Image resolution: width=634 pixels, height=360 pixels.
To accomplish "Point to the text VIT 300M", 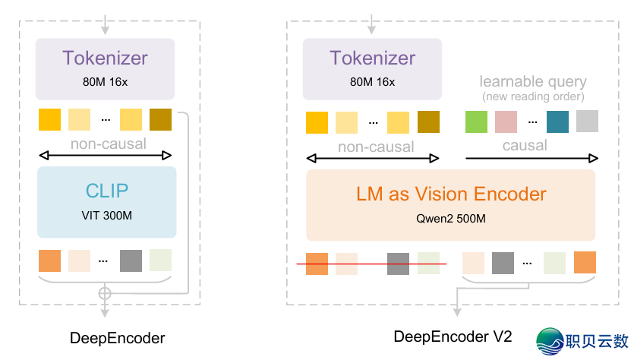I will click(106, 216).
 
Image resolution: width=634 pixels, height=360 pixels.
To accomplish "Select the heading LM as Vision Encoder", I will click(451, 194).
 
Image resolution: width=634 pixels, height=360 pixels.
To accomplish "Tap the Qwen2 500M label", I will click(450, 219).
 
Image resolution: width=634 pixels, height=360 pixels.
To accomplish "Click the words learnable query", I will click(533, 81).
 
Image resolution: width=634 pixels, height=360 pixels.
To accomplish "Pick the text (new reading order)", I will click(533, 96).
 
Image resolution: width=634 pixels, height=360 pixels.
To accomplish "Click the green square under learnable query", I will click(476, 122).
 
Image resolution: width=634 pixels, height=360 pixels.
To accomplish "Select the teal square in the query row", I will click(557, 122).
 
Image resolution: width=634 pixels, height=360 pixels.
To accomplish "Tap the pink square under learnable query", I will click(506, 122).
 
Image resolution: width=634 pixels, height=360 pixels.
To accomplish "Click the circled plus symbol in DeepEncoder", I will click(105, 292).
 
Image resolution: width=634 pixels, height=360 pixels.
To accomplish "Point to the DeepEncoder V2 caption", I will click(453, 336).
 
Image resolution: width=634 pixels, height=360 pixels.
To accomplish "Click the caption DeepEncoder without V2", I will click(117, 337).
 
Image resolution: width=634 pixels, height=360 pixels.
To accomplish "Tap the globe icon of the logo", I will click(550, 341).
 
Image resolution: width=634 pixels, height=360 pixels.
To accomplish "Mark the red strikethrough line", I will click(372, 264).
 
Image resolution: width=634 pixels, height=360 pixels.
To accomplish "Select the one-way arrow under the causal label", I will click(531, 159).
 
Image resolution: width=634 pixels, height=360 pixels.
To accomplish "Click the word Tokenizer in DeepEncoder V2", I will click(372, 58).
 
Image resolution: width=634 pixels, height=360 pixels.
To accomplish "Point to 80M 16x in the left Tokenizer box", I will click(106, 80).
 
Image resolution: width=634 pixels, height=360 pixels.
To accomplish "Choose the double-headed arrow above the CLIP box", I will click(106, 156).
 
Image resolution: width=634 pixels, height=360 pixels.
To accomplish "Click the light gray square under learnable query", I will click(587, 122).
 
